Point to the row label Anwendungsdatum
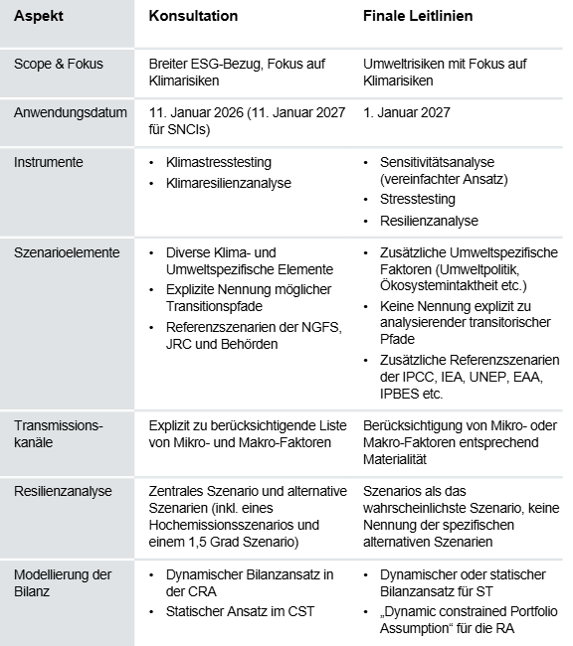click(x=71, y=112)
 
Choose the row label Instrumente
click(x=49, y=160)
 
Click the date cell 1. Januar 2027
click(x=410, y=112)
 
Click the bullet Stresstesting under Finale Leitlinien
click(x=418, y=199)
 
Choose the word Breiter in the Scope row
click(x=167, y=64)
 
